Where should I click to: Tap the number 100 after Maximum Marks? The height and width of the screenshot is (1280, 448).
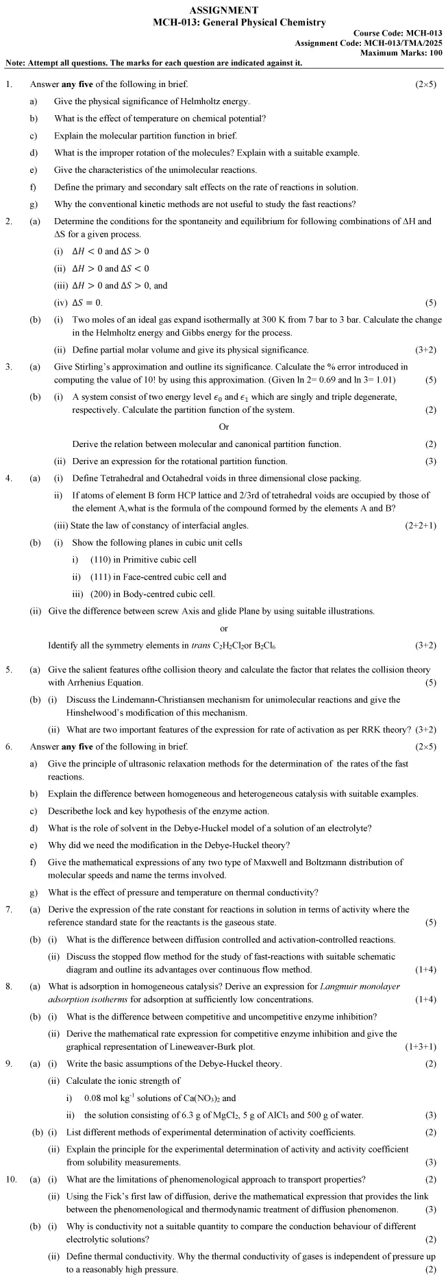436,53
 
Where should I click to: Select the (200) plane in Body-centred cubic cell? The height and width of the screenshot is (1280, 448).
101,594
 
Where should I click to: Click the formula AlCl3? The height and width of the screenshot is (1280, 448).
273,1115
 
